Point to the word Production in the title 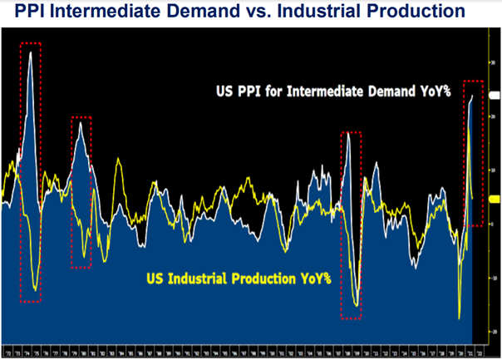pyautogui.click(x=432, y=12)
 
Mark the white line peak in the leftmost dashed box pyautogui.click(x=31, y=52)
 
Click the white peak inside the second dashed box pyautogui.click(x=80, y=121)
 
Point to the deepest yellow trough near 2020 pyautogui.click(x=460, y=318)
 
